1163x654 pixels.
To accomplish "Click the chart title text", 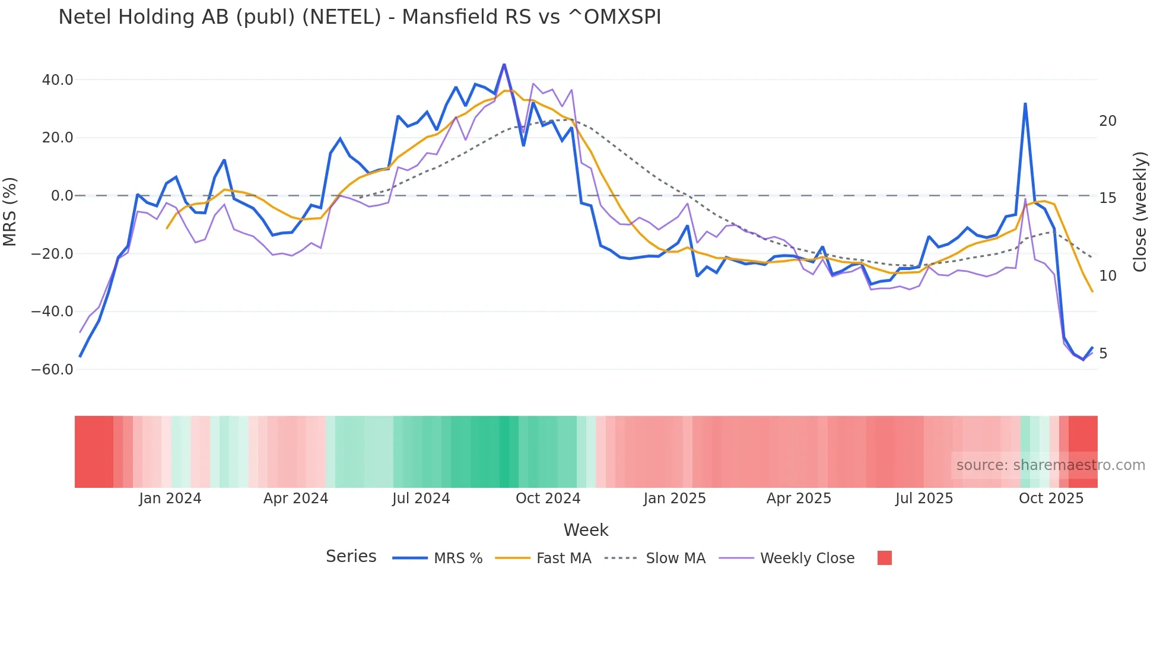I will pos(360,17).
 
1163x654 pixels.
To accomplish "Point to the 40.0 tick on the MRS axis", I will pos(58,80).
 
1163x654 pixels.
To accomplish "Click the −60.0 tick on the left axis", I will pos(52,370).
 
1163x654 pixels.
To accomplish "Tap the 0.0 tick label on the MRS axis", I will pos(62,196).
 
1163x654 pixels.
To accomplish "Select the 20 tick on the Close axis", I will pos(1107,121).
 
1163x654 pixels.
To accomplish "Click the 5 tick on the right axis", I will pos(1103,354).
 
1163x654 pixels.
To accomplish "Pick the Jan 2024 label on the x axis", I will pos(170,499).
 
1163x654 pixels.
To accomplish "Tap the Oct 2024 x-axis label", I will pos(548,499).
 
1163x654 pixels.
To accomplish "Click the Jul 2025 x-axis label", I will pos(924,499).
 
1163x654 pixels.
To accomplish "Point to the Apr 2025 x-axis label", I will pos(799,499).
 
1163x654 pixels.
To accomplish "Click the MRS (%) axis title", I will pos(10,211).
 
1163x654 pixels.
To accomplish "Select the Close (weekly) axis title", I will pos(1140,212).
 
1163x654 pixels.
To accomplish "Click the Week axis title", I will pos(586,530).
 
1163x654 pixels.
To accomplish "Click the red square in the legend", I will pos(884,558).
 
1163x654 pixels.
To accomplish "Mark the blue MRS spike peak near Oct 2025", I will pos(1025,104).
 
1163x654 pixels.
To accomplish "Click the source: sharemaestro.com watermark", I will pos(1050,465).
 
